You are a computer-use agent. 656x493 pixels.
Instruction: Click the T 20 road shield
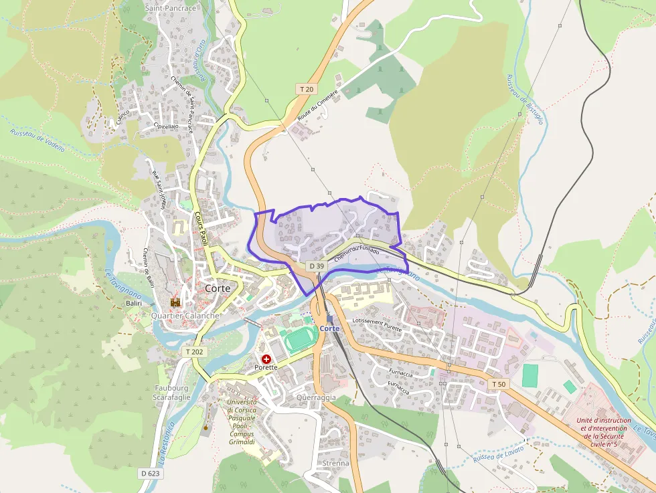tap(307, 89)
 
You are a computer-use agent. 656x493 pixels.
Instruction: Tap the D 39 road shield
tap(317, 266)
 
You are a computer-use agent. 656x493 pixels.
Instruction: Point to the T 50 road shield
tap(498, 384)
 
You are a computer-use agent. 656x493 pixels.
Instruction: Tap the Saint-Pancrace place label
tap(171, 9)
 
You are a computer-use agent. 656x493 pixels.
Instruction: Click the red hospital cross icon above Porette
tap(266, 359)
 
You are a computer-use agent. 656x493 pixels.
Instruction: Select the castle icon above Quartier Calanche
tap(175, 303)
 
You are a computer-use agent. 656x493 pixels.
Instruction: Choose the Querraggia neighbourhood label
tap(315, 397)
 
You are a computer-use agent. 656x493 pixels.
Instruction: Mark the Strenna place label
tap(335, 463)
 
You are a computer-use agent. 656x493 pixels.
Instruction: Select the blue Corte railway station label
tap(329, 328)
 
